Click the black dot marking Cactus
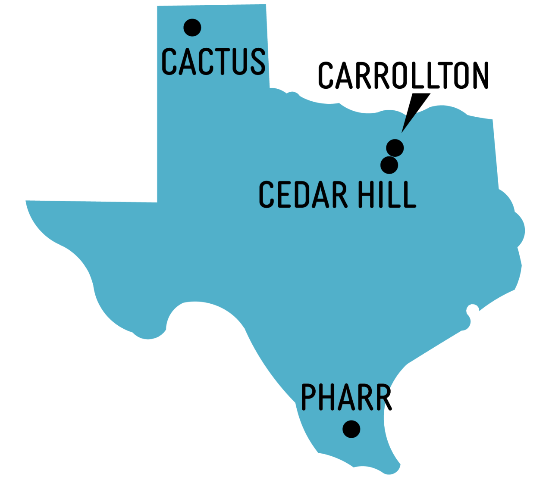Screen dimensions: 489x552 [x=192, y=28]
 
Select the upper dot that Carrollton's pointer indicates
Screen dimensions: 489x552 [x=395, y=148]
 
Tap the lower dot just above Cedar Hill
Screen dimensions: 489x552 [x=389, y=165]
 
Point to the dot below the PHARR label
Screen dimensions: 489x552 [x=351, y=429]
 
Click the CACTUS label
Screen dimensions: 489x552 [x=213, y=61]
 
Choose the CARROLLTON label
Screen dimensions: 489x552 [x=403, y=75]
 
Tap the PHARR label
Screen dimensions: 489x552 [x=346, y=397]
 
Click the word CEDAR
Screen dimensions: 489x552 [x=303, y=195]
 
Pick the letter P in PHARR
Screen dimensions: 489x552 [x=308, y=397]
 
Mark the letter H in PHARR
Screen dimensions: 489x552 [x=327, y=397]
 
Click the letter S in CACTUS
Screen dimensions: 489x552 [x=257, y=61]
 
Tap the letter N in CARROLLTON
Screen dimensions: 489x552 [x=480, y=75]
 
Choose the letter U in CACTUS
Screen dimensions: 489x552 [x=238, y=61]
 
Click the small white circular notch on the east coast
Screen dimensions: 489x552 [x=473, y=309]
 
